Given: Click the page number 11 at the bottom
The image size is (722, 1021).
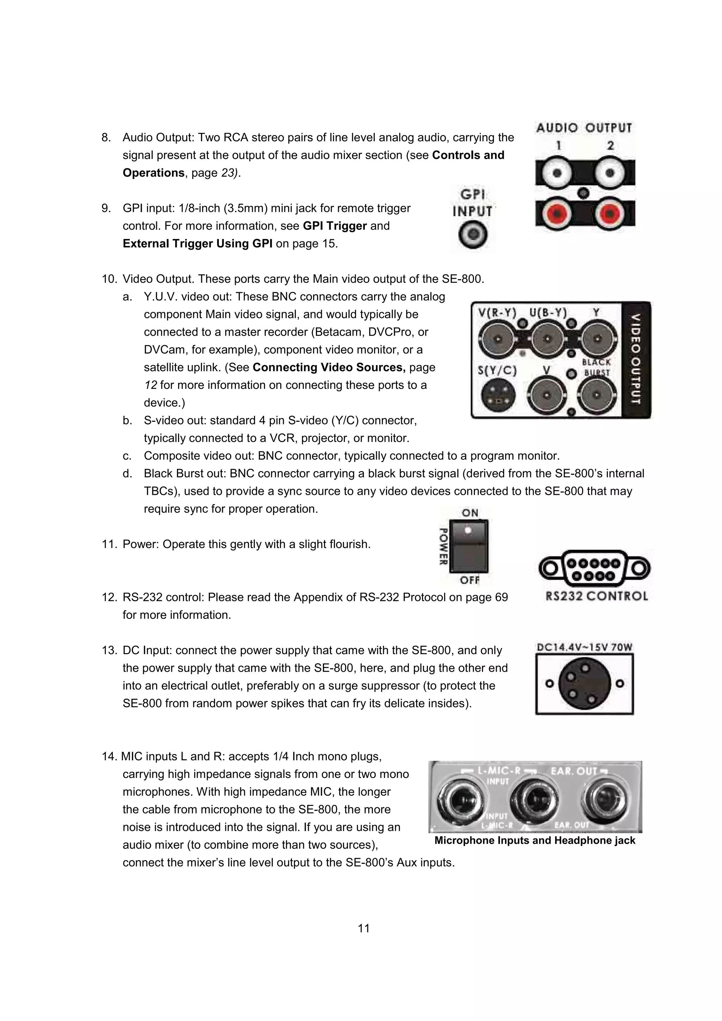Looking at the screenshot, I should [363, 928].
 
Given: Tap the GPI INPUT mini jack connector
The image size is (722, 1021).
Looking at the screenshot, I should [473, 235].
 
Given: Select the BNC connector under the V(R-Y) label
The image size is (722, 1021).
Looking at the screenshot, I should [498, 340].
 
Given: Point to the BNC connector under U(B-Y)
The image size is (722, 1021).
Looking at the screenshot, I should [548, 340].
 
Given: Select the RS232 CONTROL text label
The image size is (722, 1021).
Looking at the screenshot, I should [596, 596].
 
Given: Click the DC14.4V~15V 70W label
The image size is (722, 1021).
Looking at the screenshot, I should [585, 647].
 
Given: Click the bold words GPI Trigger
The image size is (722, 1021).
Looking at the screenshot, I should [335, 226].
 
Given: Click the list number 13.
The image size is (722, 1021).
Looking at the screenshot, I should [109, 651].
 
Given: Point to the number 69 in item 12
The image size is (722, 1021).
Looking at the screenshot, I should [501, 597].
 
